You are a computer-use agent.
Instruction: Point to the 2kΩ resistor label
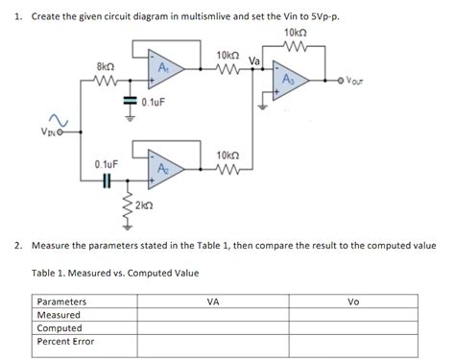142,206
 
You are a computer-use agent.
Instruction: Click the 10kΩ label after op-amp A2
228,155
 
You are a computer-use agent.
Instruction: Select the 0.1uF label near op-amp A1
154,101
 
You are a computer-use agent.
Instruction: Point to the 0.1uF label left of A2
106,164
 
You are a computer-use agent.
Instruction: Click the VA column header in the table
213,300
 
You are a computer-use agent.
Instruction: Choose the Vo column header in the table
352,300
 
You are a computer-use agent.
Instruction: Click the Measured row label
58,314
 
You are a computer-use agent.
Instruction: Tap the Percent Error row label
65,341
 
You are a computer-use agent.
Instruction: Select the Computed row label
59,327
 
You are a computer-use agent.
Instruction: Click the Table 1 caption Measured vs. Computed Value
114,274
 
